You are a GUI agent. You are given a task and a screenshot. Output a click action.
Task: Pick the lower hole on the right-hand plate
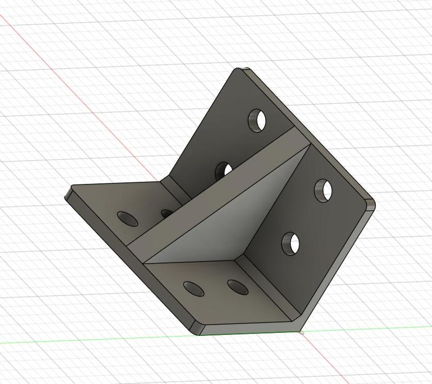click(291, 243)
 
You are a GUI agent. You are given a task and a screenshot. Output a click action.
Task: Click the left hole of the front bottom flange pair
click(193, 288)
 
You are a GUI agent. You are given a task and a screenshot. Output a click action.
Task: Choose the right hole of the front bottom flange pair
click(237, 287)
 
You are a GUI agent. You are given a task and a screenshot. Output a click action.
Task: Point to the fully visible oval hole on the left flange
click(128, 219)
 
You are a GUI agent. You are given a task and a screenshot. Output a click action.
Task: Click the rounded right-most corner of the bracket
click(371, 204)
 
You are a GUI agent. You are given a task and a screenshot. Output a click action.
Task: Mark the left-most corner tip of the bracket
click(68, 194)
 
